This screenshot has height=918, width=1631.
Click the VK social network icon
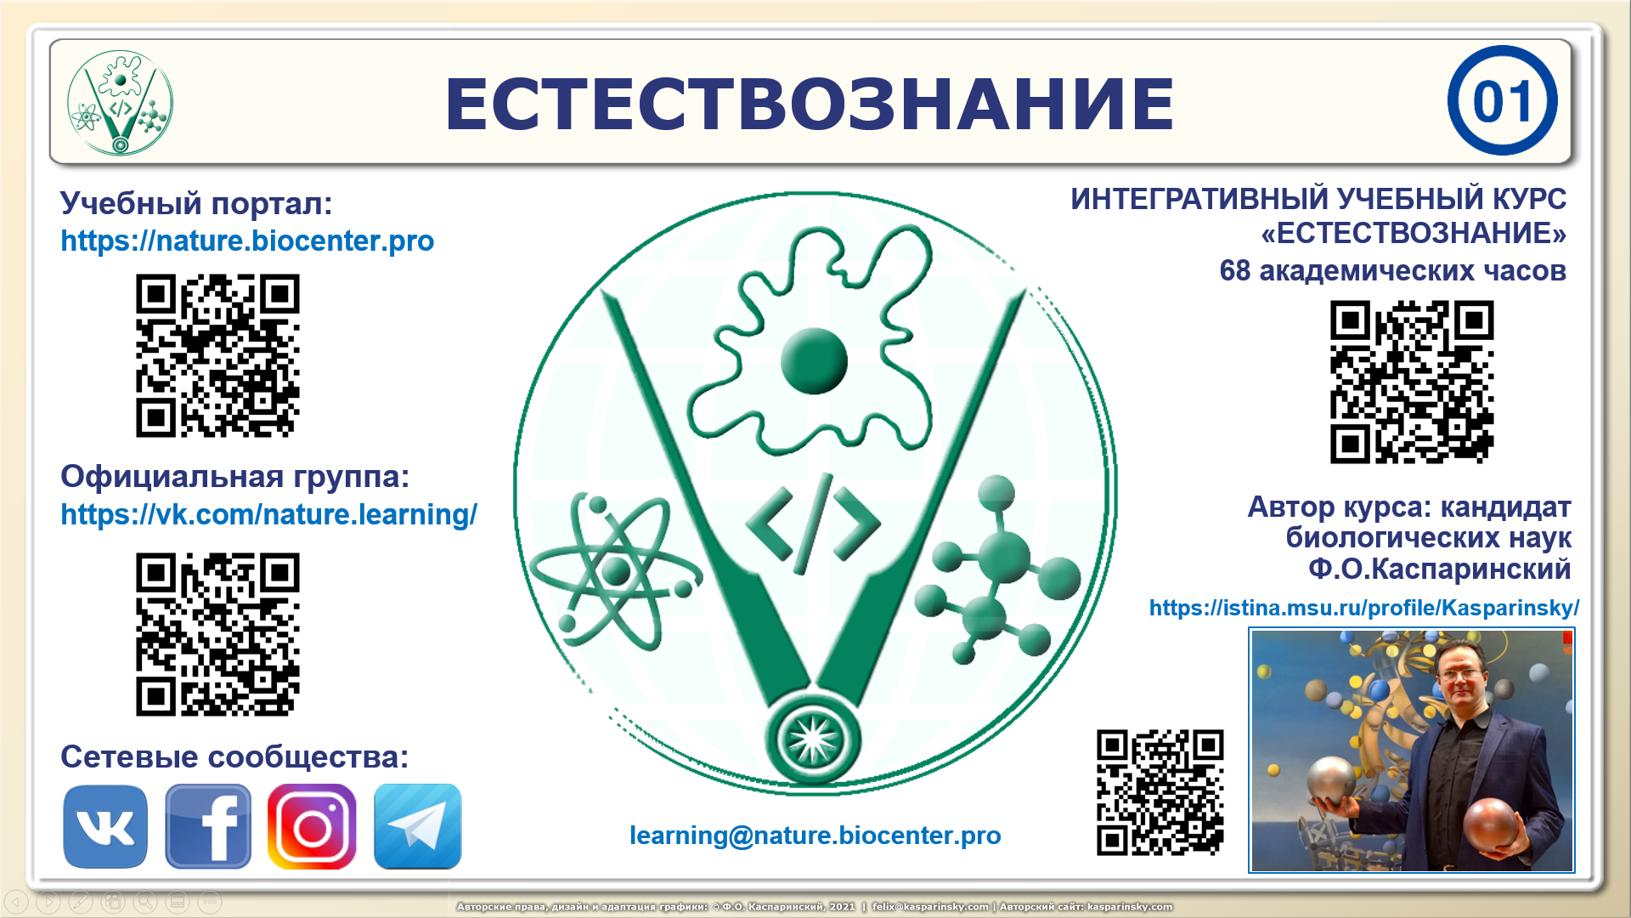click(105, 826)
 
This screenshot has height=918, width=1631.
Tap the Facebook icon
click(208, 826)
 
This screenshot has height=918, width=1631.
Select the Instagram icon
click(312, 826)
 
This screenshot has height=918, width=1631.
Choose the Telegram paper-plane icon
click(417, 826)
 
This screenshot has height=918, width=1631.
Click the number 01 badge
click(1502, 101)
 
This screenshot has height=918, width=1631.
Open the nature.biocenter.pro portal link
click(247, 241)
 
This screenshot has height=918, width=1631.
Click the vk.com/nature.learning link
click(268, 515)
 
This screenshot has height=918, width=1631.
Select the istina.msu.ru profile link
click(1363, 608)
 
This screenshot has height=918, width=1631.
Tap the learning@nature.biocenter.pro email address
click(815, 836)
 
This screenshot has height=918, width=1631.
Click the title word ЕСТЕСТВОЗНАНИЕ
click(810, 104)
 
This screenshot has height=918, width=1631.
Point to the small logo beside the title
click(120, 103)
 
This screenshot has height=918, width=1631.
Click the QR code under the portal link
click(217, 355)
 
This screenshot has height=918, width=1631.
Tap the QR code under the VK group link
click(217, 634)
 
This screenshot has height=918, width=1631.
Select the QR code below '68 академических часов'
click(1412, 382)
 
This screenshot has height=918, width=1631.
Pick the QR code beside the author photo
click(1160, 792)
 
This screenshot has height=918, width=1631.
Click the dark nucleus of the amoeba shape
click(814, 360)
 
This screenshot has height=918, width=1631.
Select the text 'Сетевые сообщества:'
click(234, 756)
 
